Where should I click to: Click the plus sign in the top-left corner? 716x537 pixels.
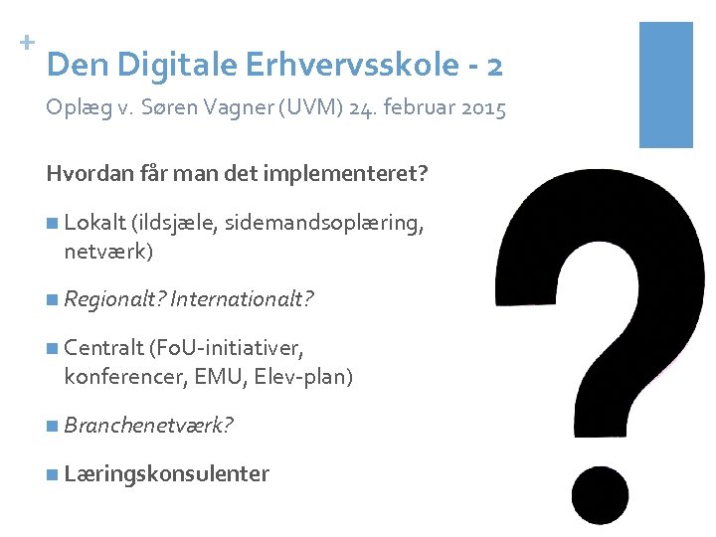tap(26, 43)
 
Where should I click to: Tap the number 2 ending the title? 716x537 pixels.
tap(494, 66)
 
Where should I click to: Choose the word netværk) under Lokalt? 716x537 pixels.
tap(108, 252)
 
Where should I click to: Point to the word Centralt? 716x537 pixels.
tap(103, 347)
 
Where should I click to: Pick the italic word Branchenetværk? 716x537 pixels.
tap(148, 426)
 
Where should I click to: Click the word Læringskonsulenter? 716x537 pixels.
tap(166, 473)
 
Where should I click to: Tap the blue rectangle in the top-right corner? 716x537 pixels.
tap(665, 85)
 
